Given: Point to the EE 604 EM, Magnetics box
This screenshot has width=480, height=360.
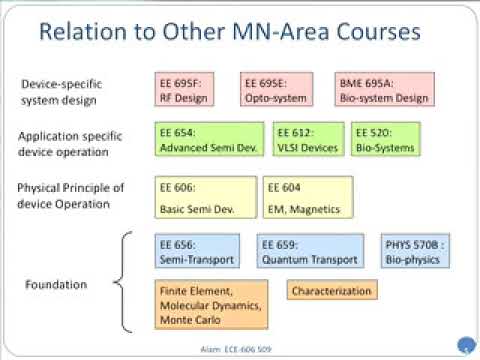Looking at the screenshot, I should tap(308, 197).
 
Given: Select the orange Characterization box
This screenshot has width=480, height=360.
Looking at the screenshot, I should tap(332, 291).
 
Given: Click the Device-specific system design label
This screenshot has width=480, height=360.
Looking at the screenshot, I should tap(61, 91).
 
